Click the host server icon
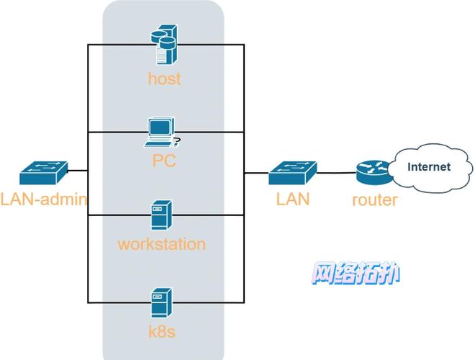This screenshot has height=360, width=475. tap(163, 45)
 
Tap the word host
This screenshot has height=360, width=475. tap(164, 78)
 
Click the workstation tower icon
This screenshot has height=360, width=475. tap(161, 215)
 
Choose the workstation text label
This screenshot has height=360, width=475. tap(161, 243)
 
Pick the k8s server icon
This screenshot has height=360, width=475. tap(161, 303)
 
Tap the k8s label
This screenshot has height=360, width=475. tap(161, 331)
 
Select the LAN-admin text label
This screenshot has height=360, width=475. tap(43, 199)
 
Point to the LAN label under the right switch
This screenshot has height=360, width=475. tap(293, 199)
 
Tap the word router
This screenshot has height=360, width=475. tap(374, 199)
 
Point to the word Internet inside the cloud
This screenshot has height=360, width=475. tap(429, 166)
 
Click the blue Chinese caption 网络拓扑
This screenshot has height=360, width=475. tap(356, 274)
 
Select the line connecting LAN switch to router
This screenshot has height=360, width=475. tap(336, 173)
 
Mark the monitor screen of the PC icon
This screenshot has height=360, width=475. tap(160, 127)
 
